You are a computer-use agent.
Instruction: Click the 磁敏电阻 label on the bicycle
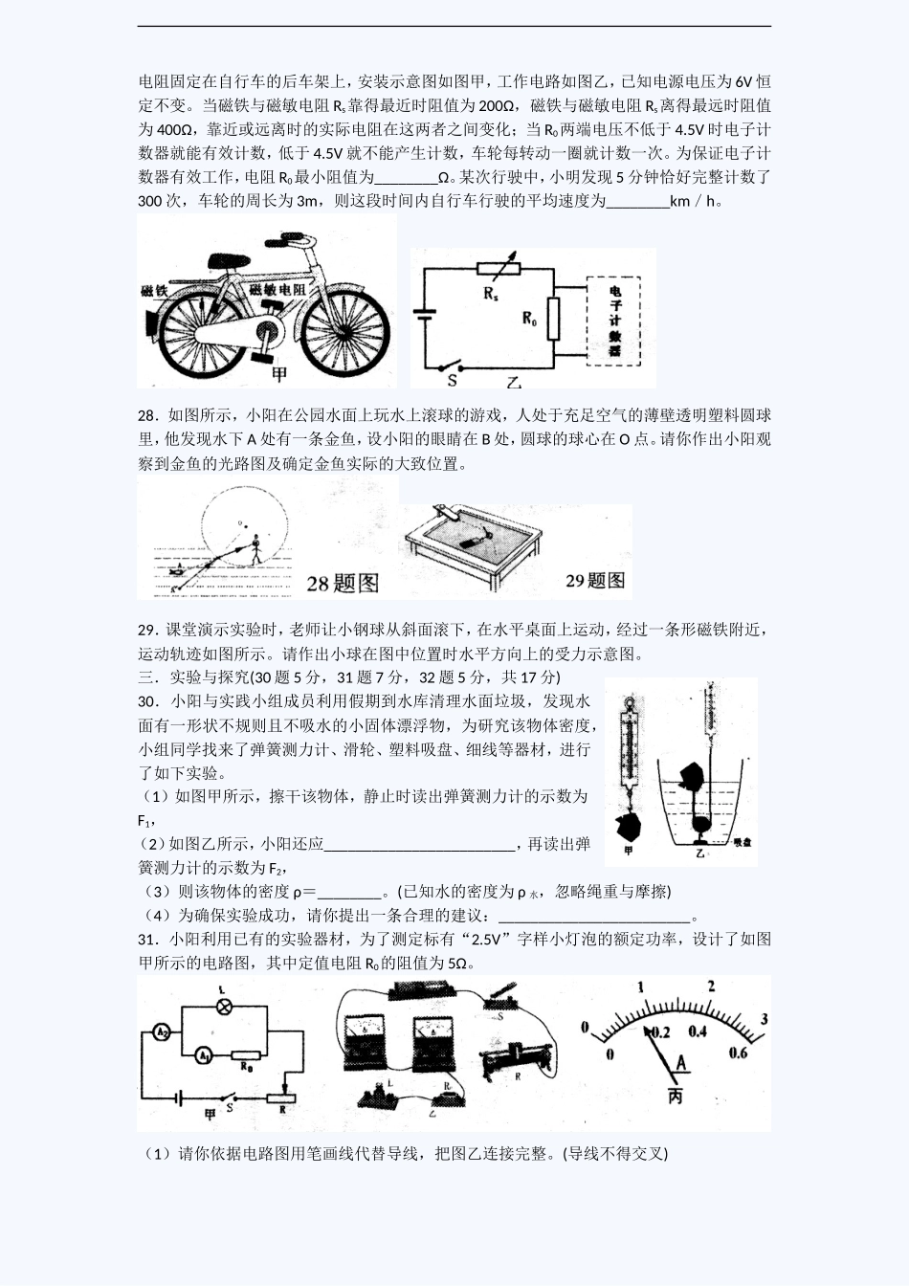click(277, 289)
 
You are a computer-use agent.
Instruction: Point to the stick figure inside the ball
click(255, 549)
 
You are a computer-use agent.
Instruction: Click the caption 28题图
click(342, 583)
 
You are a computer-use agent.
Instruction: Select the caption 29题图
click(594, 581)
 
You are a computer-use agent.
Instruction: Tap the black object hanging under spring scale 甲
click(628, 825)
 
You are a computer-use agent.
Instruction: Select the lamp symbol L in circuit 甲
click(223, 1006)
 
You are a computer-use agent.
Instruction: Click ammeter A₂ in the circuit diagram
click(162, 1032)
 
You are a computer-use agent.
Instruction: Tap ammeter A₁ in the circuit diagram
click(203, 1055)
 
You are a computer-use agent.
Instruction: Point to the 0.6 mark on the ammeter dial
click(738, 1053)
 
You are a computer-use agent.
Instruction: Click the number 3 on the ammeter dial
click(764, 1019)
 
